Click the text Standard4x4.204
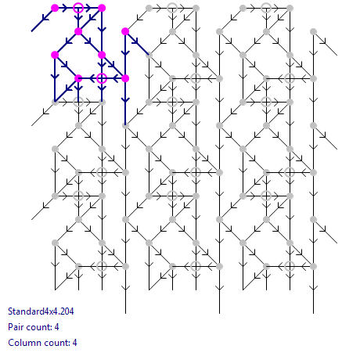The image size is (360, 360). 41,311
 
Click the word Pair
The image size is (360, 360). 15,327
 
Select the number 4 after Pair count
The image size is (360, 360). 57,327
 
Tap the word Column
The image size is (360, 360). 24,343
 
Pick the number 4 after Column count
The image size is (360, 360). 75,343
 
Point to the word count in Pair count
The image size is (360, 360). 38,327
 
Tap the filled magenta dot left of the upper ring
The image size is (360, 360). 55,8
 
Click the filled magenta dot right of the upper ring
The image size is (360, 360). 102,8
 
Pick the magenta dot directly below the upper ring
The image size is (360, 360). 78,31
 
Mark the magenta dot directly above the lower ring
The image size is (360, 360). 102,55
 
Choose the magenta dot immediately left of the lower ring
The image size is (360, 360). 78,78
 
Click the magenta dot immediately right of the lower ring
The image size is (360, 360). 125,78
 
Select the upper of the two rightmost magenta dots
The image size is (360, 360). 125,31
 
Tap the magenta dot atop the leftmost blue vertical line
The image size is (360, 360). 55,55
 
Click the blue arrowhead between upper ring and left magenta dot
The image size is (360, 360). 65,8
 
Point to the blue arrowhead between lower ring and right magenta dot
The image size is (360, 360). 115,78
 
